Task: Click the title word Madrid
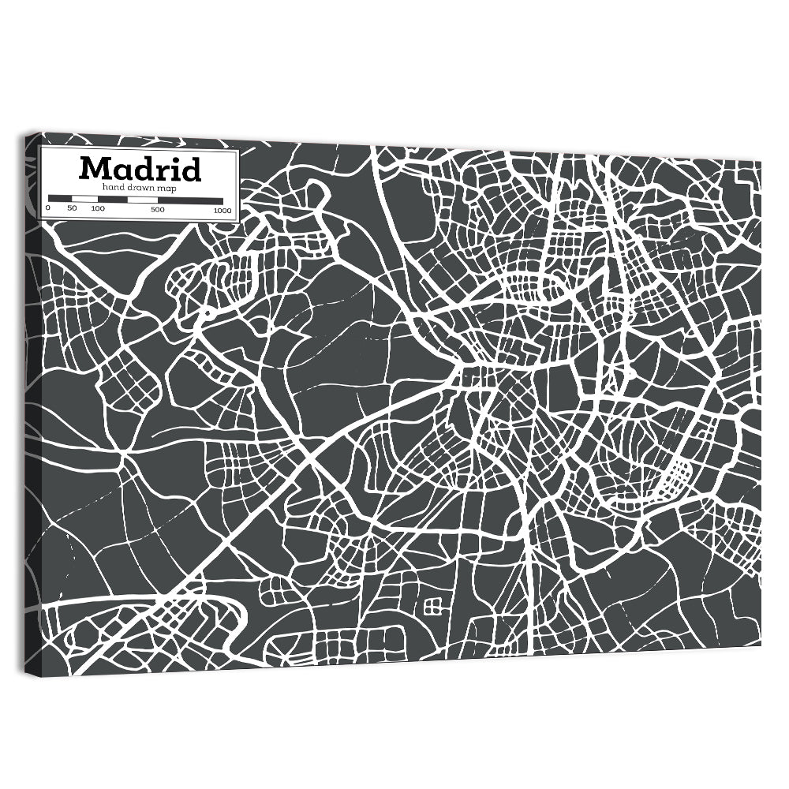(140, 169)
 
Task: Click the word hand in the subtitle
(111, 187)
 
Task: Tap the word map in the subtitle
(166, 188)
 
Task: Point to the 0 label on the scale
(48, 209)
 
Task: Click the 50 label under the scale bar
(72, 209)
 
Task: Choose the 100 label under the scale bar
(97, 209)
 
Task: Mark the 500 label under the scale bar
(157, 209)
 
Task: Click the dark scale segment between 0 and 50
(60, 198)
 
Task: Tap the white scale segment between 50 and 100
(84, 198)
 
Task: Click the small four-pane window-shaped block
(433, 606)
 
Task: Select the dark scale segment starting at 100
(111, 198)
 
